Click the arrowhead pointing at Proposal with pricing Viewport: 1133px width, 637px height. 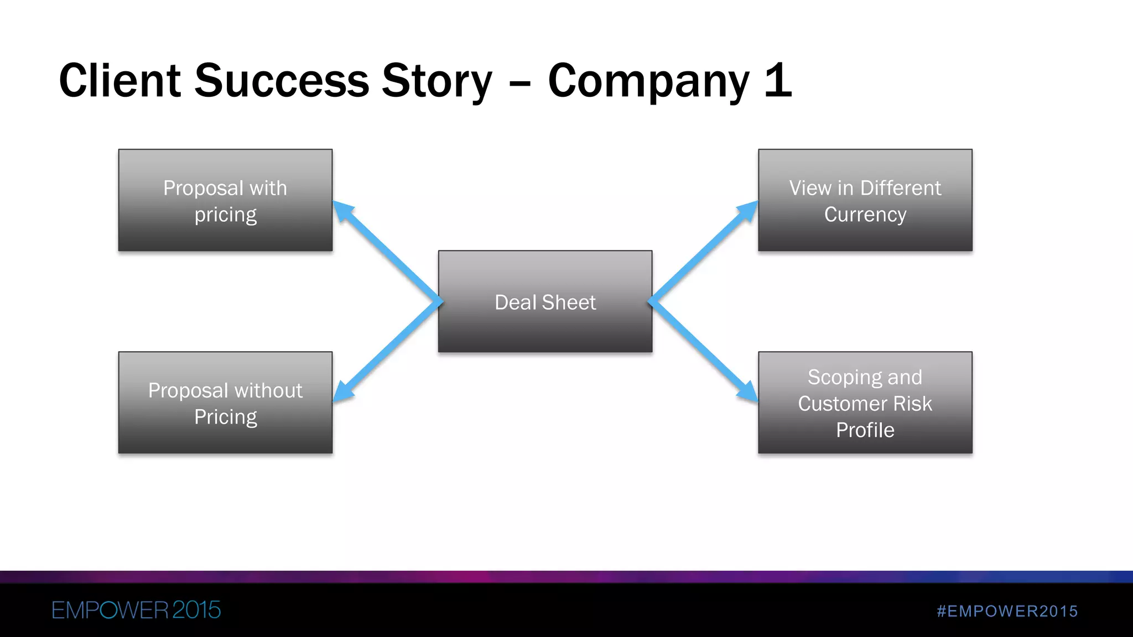(343, 211)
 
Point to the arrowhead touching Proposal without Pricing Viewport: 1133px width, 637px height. (343, 391)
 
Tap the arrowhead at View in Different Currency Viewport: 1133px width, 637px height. (748, 211)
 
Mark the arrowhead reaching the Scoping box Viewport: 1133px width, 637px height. (748, 391)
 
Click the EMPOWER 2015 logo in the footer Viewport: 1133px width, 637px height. (136, 610)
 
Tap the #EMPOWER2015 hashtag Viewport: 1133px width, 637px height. (1007, 611)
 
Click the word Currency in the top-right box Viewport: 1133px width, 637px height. (865, 215)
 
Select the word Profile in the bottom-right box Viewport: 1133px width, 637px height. (865, 430)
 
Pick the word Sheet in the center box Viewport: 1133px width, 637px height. (569, 302)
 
